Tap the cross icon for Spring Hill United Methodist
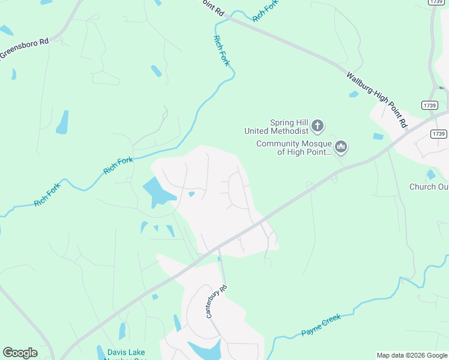tap(318, 127)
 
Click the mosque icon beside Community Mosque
tap(341, 146)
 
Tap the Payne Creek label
tap(320, 325)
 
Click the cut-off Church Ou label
tap(429, 187)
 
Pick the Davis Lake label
tap(126, 352)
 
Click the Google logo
tap(20, 353)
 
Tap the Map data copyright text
tap(411, 355)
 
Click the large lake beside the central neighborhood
tap(157, 193)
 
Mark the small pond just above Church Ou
tap(431, 175)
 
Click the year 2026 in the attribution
tap(417, 355)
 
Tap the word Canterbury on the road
tap(215, 304)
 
